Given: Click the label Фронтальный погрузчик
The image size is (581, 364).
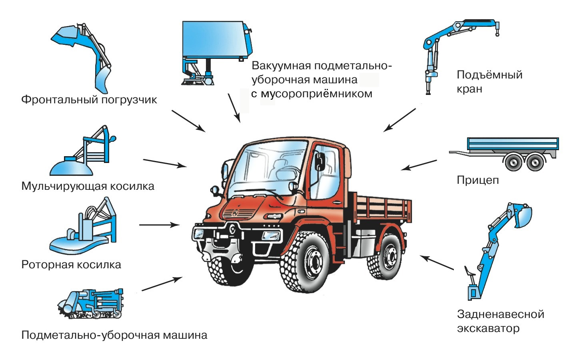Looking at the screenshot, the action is pyautogui.click(x=89, y=100).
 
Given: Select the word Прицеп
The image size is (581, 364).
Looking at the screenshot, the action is pyautogui.click(x=478, y=180).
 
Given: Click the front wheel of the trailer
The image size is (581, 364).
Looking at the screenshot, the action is pyautogui.click(x=513, y=163).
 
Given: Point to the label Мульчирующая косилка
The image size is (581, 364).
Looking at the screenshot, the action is pyautogui.click(x=88, y=186).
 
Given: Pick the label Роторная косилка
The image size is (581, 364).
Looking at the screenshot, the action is pyautogui.click(x=71, y=265).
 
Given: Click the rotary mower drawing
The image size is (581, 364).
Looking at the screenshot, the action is pyautogui.click(x=83, y=225).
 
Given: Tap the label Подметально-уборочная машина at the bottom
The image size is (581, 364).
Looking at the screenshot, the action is pyautogui.click(x=114, y=335).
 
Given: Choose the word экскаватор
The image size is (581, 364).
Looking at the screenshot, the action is pyautogui.click(x=488, y=328).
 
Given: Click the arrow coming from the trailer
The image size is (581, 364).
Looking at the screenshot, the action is pyautogui.click(x=419, y=165).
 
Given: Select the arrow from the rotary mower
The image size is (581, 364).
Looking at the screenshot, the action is pyautogui.click(x=160, y=225).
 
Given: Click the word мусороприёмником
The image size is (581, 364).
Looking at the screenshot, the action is pyautogui.click(x=317, y=94).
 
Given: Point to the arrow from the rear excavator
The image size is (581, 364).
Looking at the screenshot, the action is pyautogui.click(x=437, y=263).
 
